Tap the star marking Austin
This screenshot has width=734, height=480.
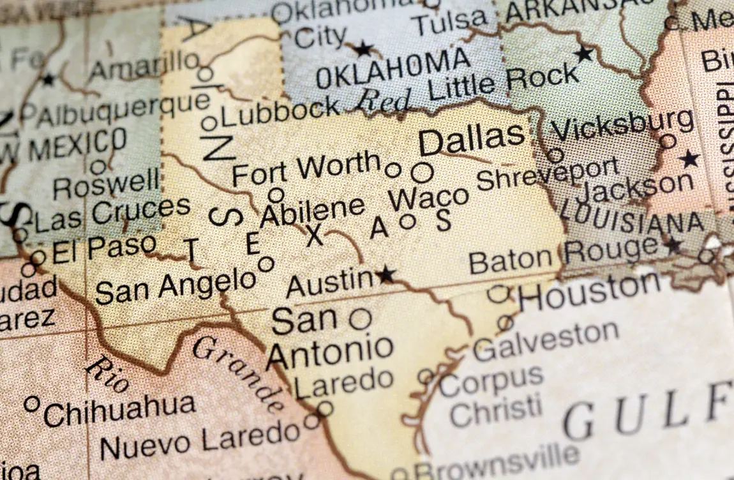(386, 275)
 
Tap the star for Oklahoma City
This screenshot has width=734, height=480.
(363, 49)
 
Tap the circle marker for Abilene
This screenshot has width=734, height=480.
(276, 195)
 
